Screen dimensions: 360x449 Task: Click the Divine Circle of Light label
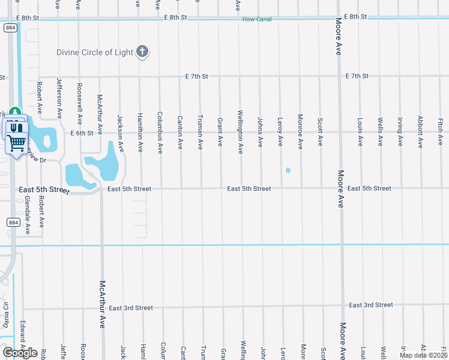(x=95, y=52)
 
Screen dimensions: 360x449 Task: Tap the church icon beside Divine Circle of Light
(x=142, y=52)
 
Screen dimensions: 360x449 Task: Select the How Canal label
(x=257, y=19)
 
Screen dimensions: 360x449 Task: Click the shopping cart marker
(x=17, y=143)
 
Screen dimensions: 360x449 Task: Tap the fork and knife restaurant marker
(x=16, y=127)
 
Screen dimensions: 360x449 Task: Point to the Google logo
(x=20, y=353)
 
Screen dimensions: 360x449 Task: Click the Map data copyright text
(x=423, y=355)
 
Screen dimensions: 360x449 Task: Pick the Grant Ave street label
(x=220, y=131)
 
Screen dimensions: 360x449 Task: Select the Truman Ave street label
(x=200, y=132)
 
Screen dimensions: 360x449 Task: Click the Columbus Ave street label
(x=160, y=132)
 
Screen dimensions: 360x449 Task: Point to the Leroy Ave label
(x=280, y=131)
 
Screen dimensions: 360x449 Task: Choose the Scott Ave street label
(x=321, y=132)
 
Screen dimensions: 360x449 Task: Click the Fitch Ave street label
(x=440, y=131)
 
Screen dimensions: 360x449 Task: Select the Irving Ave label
(x=400, y=132)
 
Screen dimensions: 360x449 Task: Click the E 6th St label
(x=82, y=133)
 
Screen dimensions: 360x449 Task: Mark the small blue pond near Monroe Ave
(x=288, y=170)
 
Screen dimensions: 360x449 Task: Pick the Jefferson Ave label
(x=59, y=97)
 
